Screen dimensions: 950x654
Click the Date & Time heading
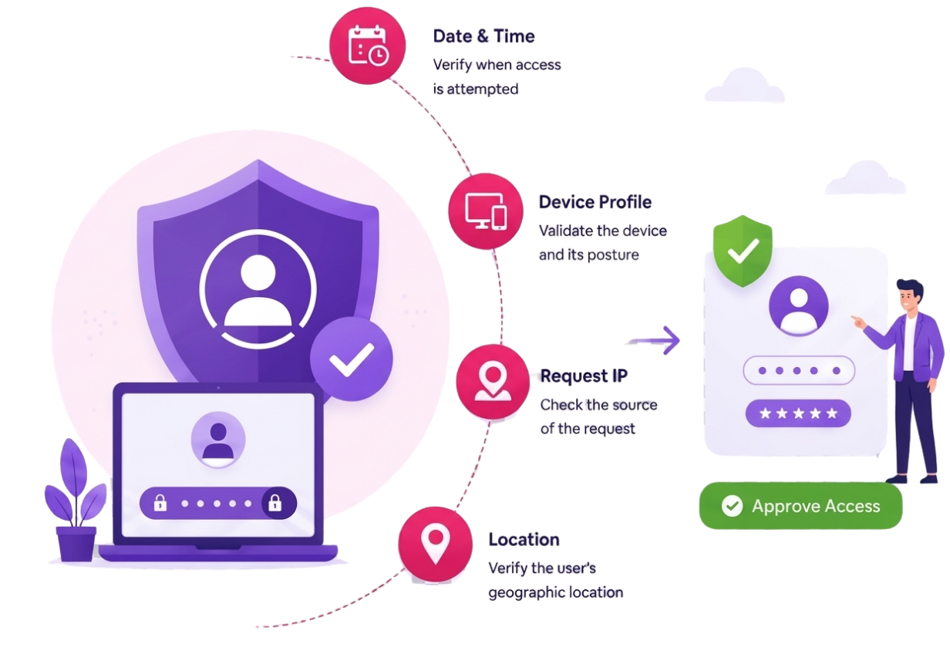click(483, 36)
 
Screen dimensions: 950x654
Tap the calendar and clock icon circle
click(367, 46)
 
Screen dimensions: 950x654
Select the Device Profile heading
click(595, 202)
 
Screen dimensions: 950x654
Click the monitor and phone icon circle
click(486, 211)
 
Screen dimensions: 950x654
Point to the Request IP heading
click(584, 376)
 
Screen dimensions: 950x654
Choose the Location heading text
click(524, 540)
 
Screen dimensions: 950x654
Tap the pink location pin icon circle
click(435, 544)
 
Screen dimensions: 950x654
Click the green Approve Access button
click(800, 506)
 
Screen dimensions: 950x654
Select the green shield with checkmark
click(743, 251)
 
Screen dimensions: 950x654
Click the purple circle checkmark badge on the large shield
click(351, 359)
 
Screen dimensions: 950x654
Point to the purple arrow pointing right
click(654, 340)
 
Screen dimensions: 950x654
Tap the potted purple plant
click(76, 501)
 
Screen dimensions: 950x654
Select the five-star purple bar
click(798, 413)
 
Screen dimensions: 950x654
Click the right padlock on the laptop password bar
click(275, 503)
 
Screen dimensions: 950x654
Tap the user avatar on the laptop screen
click(218, 439)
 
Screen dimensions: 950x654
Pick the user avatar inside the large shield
click(258, 289)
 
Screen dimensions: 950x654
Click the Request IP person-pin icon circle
click(493, 382)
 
